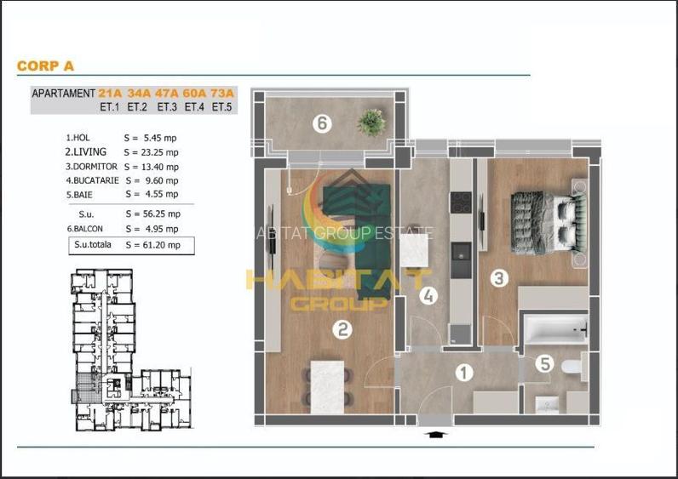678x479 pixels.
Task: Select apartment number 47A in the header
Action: point(166,94)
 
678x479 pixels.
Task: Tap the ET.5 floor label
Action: point(221,107)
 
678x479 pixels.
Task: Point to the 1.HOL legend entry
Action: point(78,137)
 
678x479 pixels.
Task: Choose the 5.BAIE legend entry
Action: point(79,194)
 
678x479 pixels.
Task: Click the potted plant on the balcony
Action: point(371,122)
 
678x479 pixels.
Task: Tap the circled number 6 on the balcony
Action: point(320,124)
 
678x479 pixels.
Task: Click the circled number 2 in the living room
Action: point(341,328)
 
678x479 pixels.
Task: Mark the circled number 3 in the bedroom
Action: point(499,278)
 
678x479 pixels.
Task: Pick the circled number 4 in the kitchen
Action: point(428,296)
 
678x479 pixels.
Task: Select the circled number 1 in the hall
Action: point(464,372)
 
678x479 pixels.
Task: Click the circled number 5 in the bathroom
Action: point(543,363)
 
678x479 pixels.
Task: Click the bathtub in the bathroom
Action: point(554,328)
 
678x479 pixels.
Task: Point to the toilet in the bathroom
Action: point(572,367)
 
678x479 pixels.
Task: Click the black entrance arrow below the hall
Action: point(435,434)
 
